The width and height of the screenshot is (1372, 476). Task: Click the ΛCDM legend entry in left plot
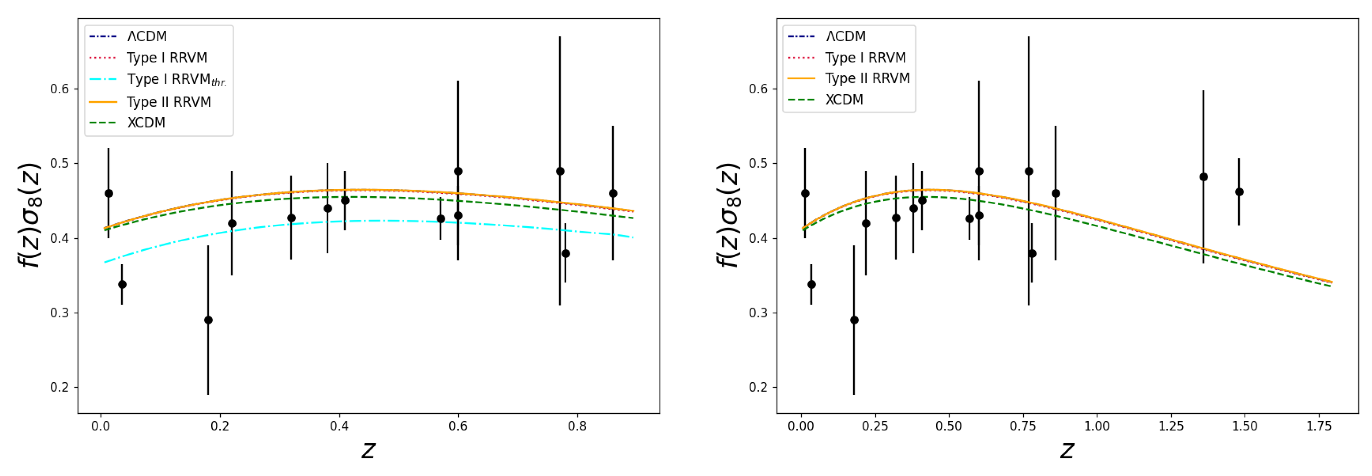(x=147, y=36)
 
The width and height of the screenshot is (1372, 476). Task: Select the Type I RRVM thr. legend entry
(x=176, y=80)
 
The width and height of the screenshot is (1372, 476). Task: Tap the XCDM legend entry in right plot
(x=844, y=100)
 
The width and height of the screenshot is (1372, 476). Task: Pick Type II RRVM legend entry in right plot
(x=867, y=78)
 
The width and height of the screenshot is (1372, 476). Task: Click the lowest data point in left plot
(x=208, y=320)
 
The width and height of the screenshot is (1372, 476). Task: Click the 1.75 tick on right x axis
(x=1318, y=426)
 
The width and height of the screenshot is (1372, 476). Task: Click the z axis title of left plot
(x=368, y=451)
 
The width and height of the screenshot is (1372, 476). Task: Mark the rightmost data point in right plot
(x=1239, y=192)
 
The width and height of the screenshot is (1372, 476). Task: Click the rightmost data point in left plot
(x=612, y=193)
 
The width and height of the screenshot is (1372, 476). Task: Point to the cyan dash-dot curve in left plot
(x=373, y=220)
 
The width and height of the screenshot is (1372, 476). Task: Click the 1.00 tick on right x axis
(x=1097, y=426)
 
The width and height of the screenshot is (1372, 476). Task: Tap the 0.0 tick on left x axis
(x=101, y=426)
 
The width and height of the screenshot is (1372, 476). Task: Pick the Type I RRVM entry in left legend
(x=166, y=58)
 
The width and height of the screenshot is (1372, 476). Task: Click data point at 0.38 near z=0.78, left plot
(x=566, y=253)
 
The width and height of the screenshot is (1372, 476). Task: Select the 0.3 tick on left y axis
(x=60, y=313)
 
